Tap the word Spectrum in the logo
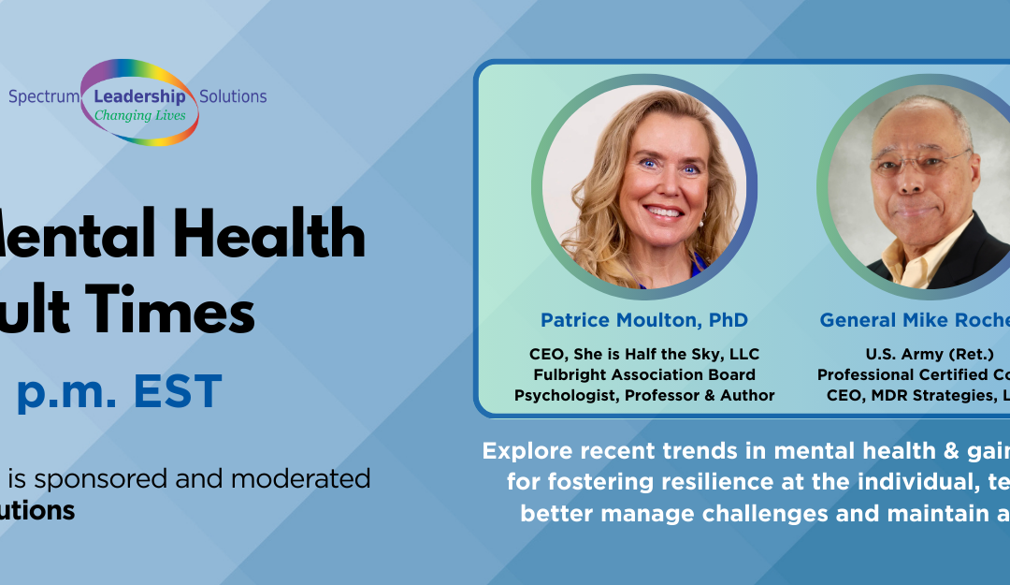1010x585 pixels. click(x=43, y=96)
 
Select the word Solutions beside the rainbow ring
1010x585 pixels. click(x=233, y=96)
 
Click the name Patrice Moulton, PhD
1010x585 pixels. click(x=644, y=320)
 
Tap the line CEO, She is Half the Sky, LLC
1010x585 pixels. click(x=644, y=354)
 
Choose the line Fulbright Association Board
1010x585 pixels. click(x=644, y=374)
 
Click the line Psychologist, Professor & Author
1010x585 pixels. click(x=644, y=395)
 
